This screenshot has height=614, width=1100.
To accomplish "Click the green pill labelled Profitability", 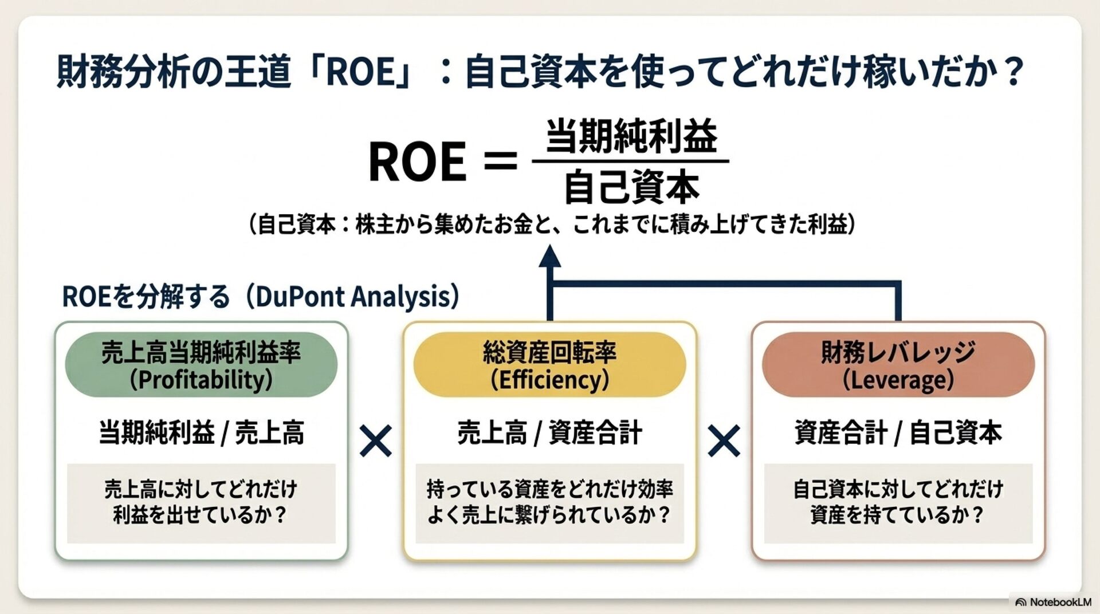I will (x=201, y=365).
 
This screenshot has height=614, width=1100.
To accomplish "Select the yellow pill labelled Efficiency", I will (x=549, y=365).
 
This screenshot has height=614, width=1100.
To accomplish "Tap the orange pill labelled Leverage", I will (x=898, y=365).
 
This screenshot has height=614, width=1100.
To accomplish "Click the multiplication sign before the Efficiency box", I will (x=376, y=440).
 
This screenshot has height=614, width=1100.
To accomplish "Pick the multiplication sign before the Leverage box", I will (x=724, y=440).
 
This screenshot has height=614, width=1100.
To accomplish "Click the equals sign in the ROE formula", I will (x=500, y=161).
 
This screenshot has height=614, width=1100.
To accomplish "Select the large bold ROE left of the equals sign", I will (x=417, y=162).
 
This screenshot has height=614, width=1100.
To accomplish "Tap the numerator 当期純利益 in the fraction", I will (x=631, y=136).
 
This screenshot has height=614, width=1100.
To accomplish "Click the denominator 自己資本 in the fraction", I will (x=631, y=187).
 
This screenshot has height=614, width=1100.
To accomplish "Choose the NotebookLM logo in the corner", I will (x=1020, y=603).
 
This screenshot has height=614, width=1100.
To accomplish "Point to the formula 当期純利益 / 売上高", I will (x=201, y=432).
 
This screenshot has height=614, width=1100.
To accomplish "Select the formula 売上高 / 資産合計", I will (x=549, y=432).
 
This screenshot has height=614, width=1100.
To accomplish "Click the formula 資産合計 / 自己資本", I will (x=898, y=432).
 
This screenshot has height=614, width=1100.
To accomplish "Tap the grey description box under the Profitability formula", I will (x=201, y=503).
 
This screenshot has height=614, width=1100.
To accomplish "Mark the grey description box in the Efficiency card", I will (x=549, y=503).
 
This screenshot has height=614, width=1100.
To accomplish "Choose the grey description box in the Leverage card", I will (x=898, y=503).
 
